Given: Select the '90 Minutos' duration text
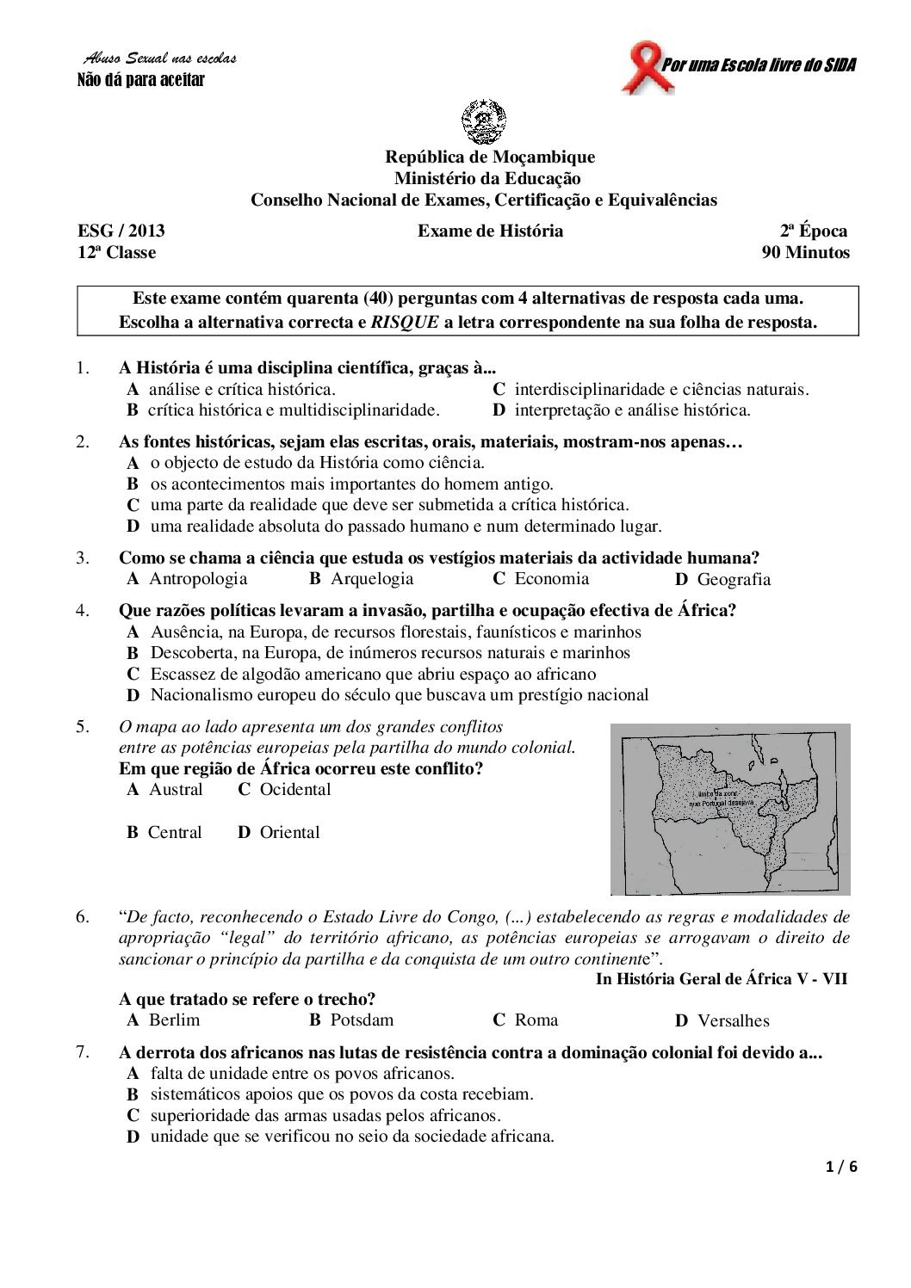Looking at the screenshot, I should click(x=805, y=253).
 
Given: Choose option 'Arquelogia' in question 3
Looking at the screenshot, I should click(x=372, y=579).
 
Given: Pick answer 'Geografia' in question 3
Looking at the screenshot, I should click(x=734, y=580).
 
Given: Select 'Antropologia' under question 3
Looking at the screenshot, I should click(x=198, y=579).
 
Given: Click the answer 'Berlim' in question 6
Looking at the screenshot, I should click(x=174, y=1020).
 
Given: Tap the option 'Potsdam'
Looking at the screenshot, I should click(x=362, y=1020).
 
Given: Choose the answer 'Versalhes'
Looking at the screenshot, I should click(x=733, y=1021).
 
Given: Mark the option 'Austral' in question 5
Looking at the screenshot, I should click(x=176, y=790).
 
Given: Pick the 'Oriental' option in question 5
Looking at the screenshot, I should click(x=289, y=833).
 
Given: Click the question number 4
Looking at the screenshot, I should click(x=83, y=611).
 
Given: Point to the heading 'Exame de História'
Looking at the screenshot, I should click(x=490, y=231).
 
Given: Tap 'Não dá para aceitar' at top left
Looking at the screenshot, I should click(x=141, y=81).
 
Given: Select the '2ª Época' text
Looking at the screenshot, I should click(x=814, y=231).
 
